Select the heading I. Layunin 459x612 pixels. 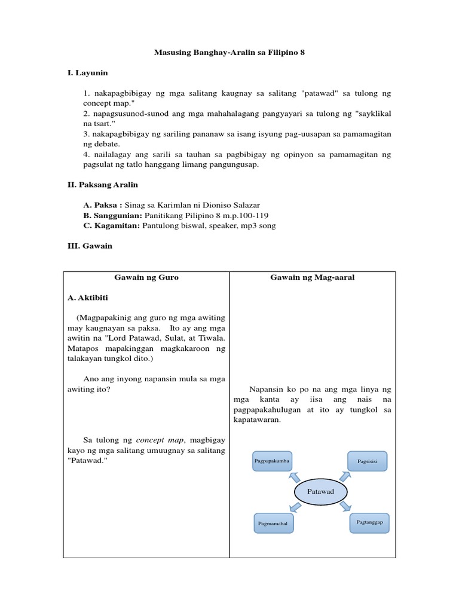pos(87,73)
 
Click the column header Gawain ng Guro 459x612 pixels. pos(146,277)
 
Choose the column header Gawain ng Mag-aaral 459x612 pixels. pos(312,277)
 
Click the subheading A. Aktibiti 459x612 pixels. pos(88,297)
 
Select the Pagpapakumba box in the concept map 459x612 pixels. pos(272,461)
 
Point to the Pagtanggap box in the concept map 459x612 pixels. pos(370,522)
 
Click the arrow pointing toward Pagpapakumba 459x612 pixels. pos(295,476)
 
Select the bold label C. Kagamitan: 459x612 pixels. pos(112,225)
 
